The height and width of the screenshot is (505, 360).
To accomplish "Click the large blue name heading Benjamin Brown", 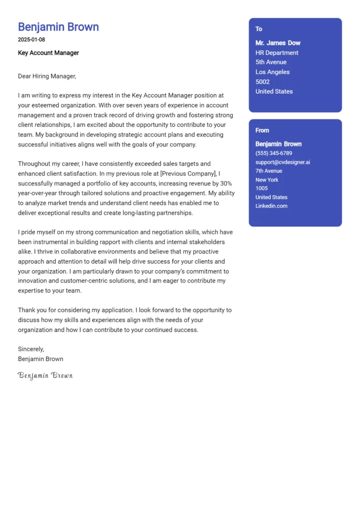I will [x=58, y=27].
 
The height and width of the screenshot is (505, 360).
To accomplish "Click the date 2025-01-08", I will [x=32, y=39].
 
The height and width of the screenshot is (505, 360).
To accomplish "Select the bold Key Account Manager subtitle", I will [x=48, y=53].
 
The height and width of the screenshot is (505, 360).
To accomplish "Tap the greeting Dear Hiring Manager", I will [x=47, y=76].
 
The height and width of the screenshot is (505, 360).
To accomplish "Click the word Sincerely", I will [x=31, y=349].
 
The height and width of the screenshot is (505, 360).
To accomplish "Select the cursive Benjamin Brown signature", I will [x=45, y=375].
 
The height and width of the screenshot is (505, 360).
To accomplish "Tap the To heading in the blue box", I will [x=259, y=29].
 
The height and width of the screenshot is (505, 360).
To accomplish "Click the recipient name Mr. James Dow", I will [x=278, y=43].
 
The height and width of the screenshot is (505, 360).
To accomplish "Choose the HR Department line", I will [x=277, y=53].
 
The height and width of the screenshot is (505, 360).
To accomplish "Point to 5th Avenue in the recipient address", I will [x=271, y=62].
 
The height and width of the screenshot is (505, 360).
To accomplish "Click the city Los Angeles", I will [x=272, y=72].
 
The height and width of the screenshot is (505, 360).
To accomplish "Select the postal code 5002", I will [x=262, y=82].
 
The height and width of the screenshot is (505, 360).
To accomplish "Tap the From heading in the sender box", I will [x=262, y=130].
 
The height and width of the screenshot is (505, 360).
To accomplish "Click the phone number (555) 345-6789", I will [x=274, y=153].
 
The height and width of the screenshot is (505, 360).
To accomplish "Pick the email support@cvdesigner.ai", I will [x=283, y=162].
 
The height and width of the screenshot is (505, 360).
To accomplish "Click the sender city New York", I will [x=267, y=180].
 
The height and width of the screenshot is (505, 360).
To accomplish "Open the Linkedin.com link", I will [x=271, y=206].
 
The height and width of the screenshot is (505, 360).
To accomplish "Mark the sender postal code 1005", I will [x=261, y=188].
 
